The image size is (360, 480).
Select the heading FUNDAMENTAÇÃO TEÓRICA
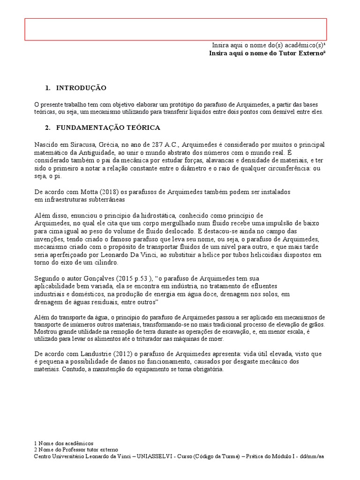[x=108, y=127]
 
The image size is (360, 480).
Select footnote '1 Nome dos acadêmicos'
[x=64, y=443]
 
